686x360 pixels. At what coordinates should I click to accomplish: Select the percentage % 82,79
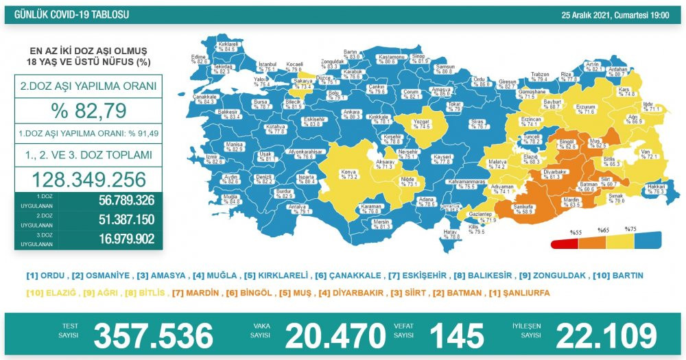(88, 110)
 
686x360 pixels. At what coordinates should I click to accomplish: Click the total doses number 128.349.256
(88, 179)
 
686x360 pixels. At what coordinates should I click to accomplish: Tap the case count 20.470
(335, 336)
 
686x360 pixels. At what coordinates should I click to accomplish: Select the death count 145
(456, 336)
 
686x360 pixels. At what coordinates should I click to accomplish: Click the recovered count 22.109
(606, 336)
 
